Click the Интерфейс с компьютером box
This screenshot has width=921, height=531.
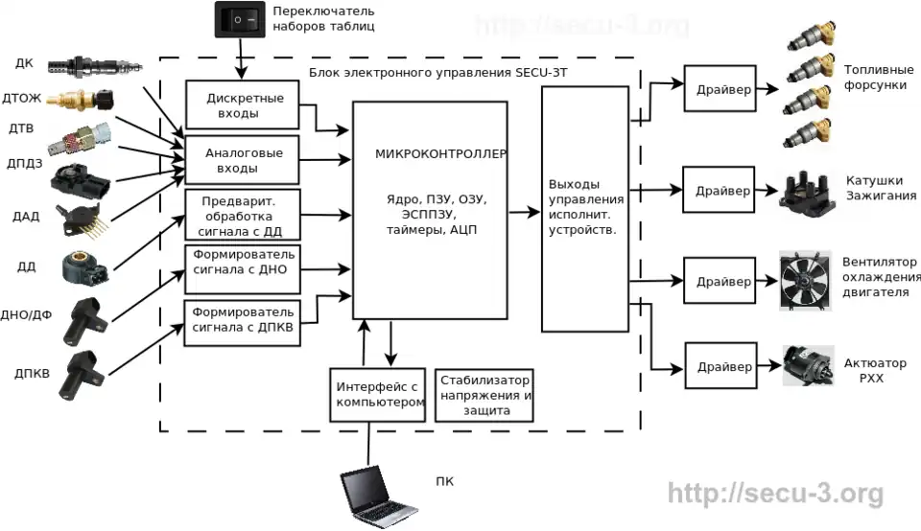[x=378, y=394]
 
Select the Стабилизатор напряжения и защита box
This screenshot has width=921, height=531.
[x=484, y=395]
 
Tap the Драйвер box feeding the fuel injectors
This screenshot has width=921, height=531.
[x=718, y=91]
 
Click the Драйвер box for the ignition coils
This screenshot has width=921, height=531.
[x=719, y=187]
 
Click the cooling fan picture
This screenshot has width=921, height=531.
[x=805, y=280]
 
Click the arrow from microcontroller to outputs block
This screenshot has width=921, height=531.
[x=524, y=214]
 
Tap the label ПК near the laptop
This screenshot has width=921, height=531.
[x=443, y=481]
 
